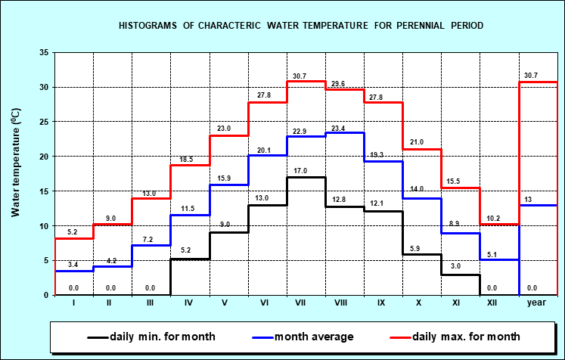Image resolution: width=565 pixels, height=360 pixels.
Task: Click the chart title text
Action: click(301, 26)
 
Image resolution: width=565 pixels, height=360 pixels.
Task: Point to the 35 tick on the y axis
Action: click(43, 52)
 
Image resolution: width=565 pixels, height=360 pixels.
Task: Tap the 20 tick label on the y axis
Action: click(43, 157)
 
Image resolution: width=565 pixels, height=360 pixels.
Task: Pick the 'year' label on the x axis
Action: click(537, 303)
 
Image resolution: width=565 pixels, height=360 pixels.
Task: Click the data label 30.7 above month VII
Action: click(300, 76)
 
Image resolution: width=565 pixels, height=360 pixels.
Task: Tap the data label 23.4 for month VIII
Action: click(338, 129)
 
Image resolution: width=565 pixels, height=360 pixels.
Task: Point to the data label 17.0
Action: click(300, 172)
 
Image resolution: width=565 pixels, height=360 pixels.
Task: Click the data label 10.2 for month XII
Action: click(492, 219)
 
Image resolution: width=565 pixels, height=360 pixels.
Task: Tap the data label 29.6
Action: click(338, 84)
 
